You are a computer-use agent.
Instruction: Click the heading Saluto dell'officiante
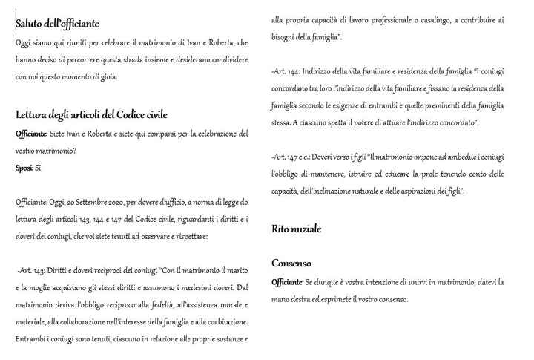[57, 24]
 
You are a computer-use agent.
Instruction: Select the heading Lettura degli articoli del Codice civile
[91, 114]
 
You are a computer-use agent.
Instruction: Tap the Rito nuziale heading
[296, 229]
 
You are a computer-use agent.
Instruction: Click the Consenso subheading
[291, 263]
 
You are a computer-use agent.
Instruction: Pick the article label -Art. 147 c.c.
[293, 157]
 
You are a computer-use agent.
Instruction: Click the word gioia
[105, 76]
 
